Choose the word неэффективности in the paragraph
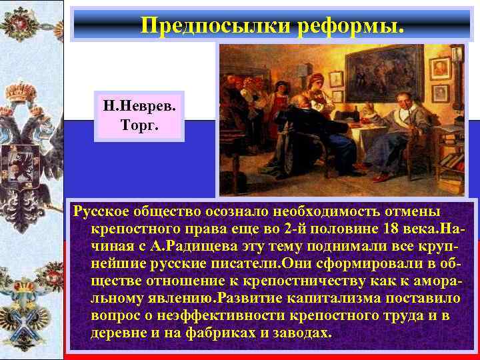(x=209, y=315)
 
